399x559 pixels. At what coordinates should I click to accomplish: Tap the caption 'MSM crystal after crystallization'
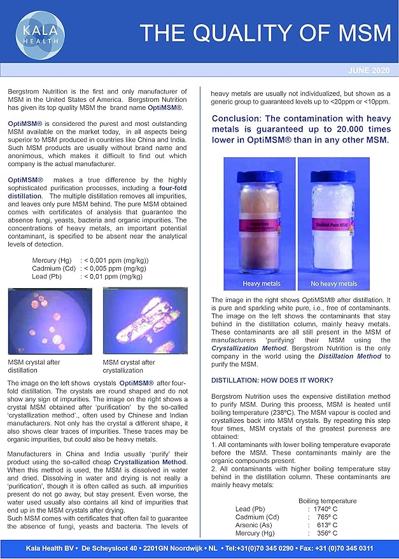coord(129,366)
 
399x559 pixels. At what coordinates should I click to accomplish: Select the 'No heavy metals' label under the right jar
coord(333,284)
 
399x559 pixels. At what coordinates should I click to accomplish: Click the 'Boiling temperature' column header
coord(327,500)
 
